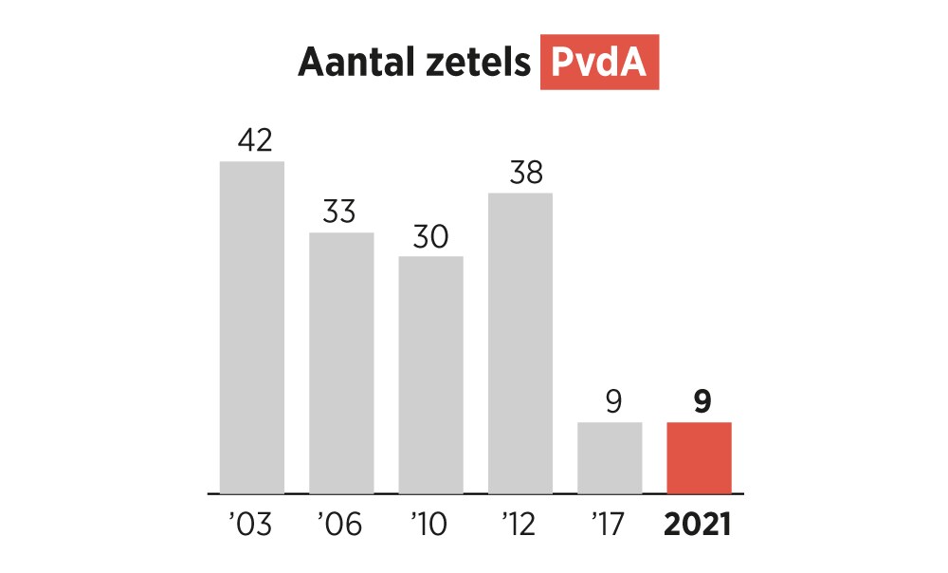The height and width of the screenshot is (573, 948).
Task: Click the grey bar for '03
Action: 252,327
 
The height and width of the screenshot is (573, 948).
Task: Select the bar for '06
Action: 341,362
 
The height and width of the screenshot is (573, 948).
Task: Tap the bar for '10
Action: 430,375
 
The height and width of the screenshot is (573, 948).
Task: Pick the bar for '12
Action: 520,342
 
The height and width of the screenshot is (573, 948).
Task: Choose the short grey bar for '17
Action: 610,457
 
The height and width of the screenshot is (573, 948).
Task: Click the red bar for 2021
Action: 700,457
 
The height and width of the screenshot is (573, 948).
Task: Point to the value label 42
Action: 254,140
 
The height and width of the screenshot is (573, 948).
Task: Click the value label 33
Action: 339,212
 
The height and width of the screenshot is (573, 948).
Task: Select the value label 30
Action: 430,236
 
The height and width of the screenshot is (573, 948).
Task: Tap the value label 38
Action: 520,173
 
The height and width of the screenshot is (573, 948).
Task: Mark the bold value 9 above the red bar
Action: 702,402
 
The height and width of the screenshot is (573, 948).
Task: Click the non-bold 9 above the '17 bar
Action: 612,402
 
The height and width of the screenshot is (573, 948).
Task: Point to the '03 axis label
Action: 250,524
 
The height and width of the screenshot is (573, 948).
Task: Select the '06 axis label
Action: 340,524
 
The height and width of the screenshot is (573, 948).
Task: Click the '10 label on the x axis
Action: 429,524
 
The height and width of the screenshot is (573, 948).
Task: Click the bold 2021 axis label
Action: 700,524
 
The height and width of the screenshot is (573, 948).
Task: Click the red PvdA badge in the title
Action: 599,63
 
